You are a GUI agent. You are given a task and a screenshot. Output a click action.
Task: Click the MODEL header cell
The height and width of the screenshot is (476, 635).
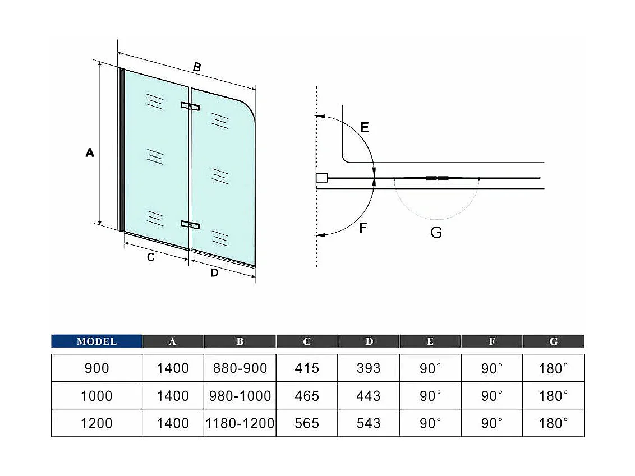[96, 341]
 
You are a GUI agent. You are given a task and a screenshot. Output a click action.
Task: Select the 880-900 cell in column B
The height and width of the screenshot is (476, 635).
[240, 368]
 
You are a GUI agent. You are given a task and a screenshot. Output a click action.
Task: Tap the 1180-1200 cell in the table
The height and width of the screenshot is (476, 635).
[240, 423]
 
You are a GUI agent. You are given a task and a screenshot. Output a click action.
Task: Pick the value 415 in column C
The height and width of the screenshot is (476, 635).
[307, 368]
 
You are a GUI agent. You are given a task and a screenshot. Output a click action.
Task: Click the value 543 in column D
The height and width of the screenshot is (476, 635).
[369, 423]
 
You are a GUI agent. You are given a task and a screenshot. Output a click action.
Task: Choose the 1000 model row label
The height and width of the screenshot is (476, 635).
[96, 396]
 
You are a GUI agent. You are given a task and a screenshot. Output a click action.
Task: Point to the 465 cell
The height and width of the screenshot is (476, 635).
[307, 396]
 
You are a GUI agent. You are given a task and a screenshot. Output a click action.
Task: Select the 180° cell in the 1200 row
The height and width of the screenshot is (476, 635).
[554, 423]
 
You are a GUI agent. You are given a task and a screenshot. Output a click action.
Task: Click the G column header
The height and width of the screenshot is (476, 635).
[554, 341]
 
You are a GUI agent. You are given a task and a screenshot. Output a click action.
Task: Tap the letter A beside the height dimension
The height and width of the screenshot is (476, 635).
[90, 152]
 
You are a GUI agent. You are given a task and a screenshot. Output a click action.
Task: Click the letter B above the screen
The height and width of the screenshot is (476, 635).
[197, 67]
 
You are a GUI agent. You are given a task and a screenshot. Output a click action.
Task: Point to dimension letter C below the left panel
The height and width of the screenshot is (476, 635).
[150, 257]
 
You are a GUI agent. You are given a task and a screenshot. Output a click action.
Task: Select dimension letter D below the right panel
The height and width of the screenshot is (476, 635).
[214, 273]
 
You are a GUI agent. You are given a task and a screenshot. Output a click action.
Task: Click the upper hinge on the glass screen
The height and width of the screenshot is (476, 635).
[190, 106]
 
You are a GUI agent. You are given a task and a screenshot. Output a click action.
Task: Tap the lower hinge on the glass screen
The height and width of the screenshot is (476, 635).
[190, 225]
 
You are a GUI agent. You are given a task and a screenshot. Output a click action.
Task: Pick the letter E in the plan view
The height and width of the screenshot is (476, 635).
[365, 128]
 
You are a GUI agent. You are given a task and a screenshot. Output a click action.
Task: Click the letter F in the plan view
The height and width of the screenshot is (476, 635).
[363, 228]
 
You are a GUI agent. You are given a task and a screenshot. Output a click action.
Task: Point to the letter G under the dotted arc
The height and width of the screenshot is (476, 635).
[436, 232]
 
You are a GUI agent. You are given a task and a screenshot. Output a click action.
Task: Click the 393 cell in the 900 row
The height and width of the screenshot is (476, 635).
[369, 368]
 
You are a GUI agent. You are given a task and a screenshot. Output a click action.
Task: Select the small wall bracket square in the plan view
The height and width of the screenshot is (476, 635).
[321, 178]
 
